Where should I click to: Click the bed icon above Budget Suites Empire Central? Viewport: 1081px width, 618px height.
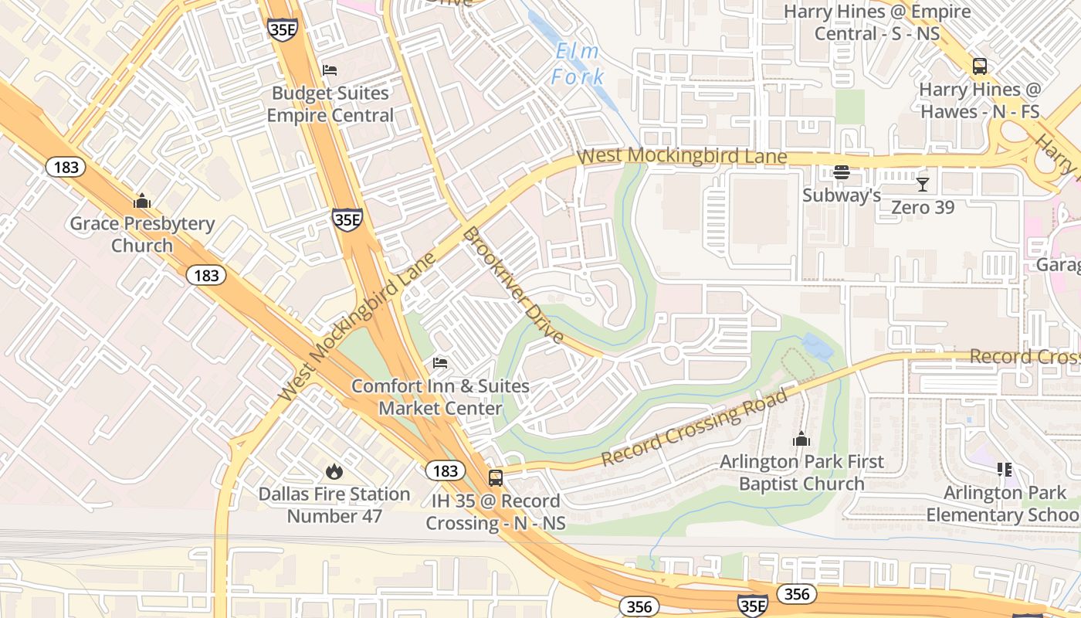pyautogui.click(x=330, y=70)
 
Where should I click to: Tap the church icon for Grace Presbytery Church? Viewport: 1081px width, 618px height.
pyautogui.click(x=142, y=202)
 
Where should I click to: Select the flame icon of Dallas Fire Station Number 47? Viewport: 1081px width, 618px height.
pyautogui.click(x=334, y=471)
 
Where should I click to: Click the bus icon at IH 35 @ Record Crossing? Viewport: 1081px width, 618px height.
pyautogui.click(x=496, y=478)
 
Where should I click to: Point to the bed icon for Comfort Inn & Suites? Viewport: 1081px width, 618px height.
pyautogui.click(x=440, y=363)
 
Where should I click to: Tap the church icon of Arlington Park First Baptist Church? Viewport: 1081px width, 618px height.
pyautogui.click(x=801, y=440)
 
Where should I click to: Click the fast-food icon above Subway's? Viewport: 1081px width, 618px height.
pyautogui.click(x=841, y=172)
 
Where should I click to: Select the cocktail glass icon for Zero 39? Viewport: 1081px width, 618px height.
pyautogui.click(x=922, y=185)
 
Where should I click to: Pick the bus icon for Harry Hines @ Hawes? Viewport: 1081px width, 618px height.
pyautogui.click(x=979, y=66)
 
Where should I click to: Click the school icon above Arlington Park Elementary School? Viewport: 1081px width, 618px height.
pyautogui.click(x=1004, y=470)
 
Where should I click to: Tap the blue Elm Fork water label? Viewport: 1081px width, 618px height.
pyautogui.click(x=578, y=64)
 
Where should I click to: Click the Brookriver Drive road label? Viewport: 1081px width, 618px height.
pyautogui.click(x=513, y=285)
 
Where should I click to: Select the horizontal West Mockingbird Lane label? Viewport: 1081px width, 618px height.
pyautogui.click(x=682, y=156)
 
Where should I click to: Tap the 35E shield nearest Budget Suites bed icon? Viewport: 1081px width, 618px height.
pyautogui.click(x=283, y=30)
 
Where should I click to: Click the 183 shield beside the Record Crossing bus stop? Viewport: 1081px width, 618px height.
pyautogui.click(x=445, y=470)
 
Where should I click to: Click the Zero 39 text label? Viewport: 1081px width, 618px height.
pyautogui.click(x=923, y=207)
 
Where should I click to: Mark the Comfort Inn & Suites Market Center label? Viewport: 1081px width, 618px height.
pyautogui.click(x=440, y=396)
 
